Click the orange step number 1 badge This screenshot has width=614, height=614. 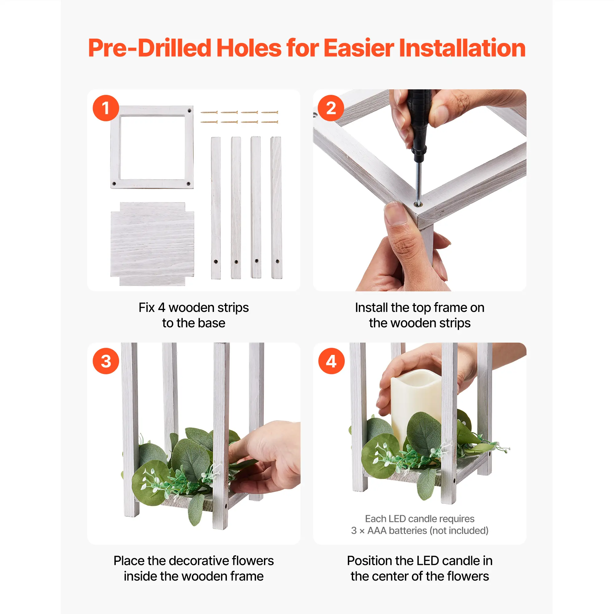click(x=106, y=108)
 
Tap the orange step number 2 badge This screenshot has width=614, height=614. click(x=331, y=108)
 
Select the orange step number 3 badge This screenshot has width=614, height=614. click(x=106, y=361)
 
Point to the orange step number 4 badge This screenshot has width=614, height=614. click(x=331, y=361)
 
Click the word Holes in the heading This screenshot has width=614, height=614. click(x=249, y=48)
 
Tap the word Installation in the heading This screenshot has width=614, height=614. click(x=462, y=48)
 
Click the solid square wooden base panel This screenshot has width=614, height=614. click(x=152, y=244)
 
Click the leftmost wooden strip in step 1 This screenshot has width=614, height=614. click(x=216, y=208)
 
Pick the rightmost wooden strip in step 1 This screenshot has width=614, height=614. click(x=276, y=208)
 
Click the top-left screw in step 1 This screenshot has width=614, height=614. click(x=209, y=112)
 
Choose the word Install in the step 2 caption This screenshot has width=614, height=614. click(x=371, y=307)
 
